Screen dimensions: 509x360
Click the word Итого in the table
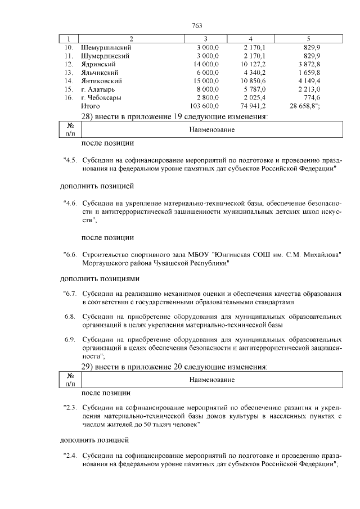[91, 106]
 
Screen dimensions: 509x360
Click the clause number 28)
[87, 117]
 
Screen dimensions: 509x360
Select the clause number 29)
[87, 367]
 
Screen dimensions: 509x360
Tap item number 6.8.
[70, 317]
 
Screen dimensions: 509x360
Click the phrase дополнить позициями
[100, 278]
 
